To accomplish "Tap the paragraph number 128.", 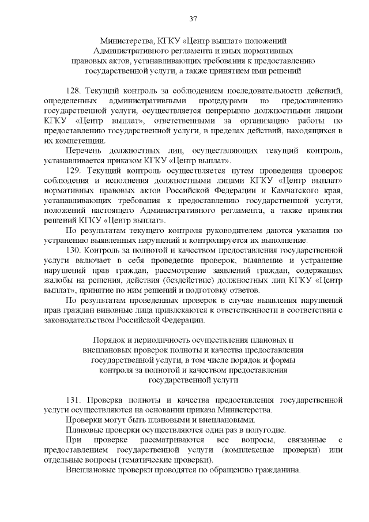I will click(75, 91).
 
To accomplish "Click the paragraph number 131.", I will click(74, 399).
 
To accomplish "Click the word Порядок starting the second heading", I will click(108, 340).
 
